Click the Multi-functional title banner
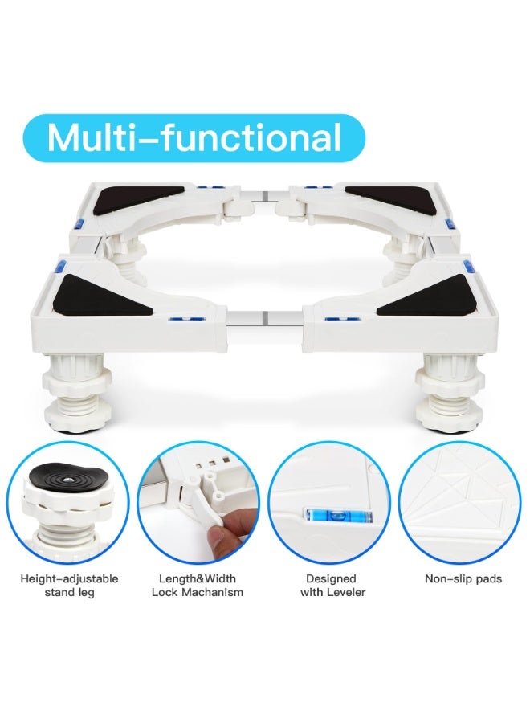(194, 138)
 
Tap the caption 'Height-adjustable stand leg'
(69, 585)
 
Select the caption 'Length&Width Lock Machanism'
(198, 585)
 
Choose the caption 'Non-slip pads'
(463, 578)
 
